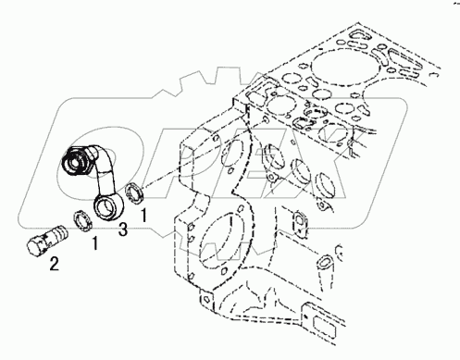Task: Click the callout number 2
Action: point(55,264)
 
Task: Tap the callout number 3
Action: point(123,230)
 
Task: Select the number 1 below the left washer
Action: point(95,243)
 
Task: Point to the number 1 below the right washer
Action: point(143,216)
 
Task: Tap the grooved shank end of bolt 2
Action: point(57,231)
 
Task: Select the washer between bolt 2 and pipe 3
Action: point(81,219)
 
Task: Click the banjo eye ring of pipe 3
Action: point(108,207)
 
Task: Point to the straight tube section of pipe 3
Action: point(105,176)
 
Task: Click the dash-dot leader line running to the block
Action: point(204,154)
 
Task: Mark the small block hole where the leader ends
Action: point(266,118)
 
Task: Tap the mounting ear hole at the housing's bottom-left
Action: point(205,299)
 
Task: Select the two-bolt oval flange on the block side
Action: point(300,222)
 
